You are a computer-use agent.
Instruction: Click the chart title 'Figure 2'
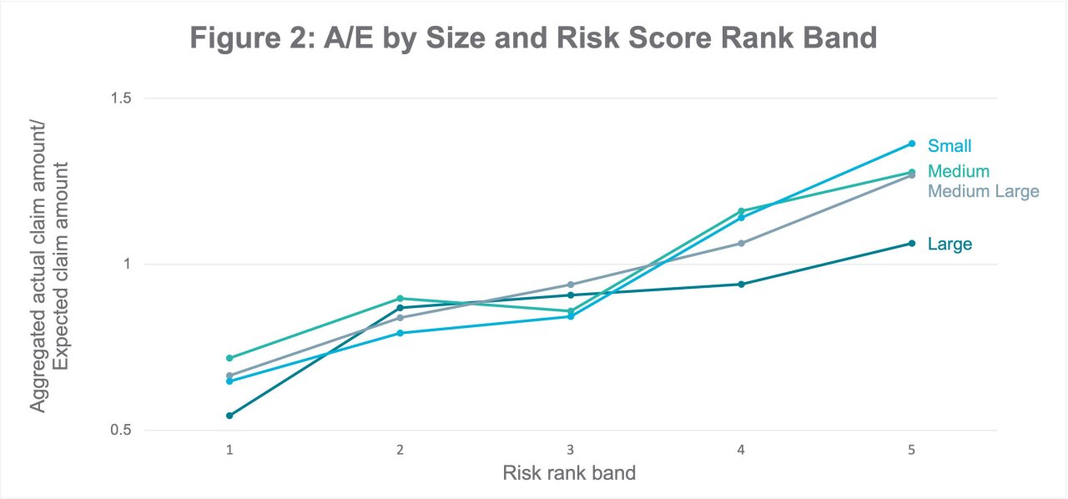click(x=533, y=38)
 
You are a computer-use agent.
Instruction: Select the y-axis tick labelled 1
click(x=128, y=265)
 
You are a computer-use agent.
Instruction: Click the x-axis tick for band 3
click(x=570, y=449)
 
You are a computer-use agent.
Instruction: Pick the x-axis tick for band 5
click(x=911, y=449)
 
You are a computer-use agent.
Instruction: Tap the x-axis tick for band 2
click(x=400, y=449)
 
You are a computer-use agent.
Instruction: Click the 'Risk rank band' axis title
click(x=569, y=473)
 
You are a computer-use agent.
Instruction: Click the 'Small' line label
click(x=950, y=146)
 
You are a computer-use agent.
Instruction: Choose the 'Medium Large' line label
click(x=983, y=191)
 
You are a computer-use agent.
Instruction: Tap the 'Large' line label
click(x=950, y=244)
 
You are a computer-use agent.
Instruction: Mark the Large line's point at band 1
click(x=229, y=416)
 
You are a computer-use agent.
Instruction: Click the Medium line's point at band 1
click(x=229, y=358)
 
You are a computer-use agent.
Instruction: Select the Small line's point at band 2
click(x=400, y=333)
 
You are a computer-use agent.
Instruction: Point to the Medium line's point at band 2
click(x=400, y=298)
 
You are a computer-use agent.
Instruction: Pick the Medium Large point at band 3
click(x=571, y=285)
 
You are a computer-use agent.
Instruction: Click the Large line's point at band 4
click(x=741, y=284)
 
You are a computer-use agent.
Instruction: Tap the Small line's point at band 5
click(x=912, y=144)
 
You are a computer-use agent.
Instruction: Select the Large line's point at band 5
click(x=912, y=243)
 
